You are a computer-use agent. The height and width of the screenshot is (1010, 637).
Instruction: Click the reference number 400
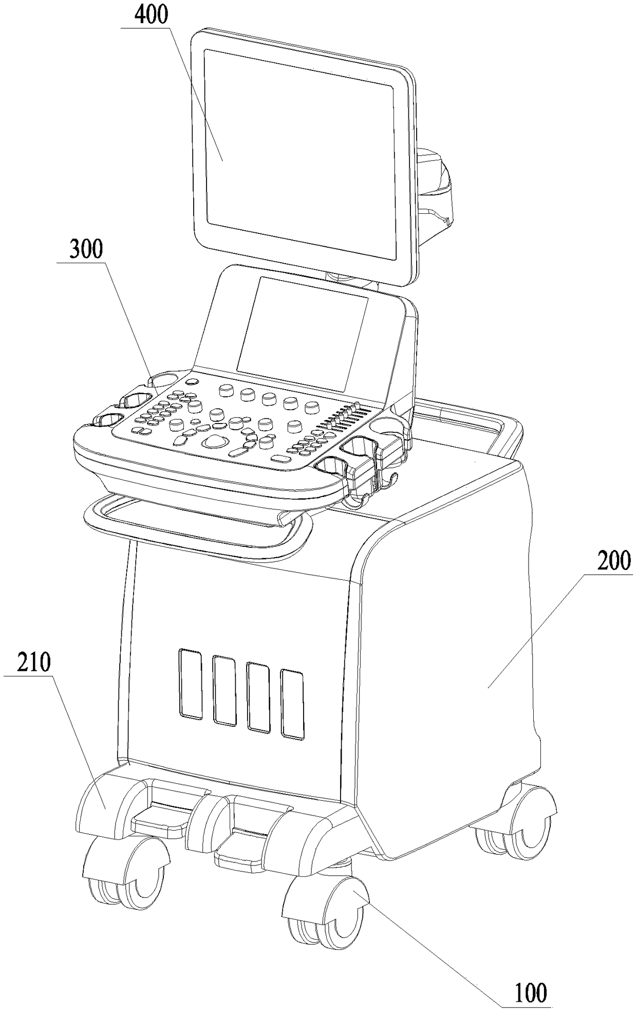[x=152, y=15]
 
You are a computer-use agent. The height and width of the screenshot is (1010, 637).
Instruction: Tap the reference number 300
[x=86, y=250]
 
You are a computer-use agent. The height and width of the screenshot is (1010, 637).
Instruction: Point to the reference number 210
[x=34, y=664]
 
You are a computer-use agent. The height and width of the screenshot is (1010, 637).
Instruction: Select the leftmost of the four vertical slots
[x=190, y=683]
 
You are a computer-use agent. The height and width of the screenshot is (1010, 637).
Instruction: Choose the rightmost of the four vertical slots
[x=292, y=704]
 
